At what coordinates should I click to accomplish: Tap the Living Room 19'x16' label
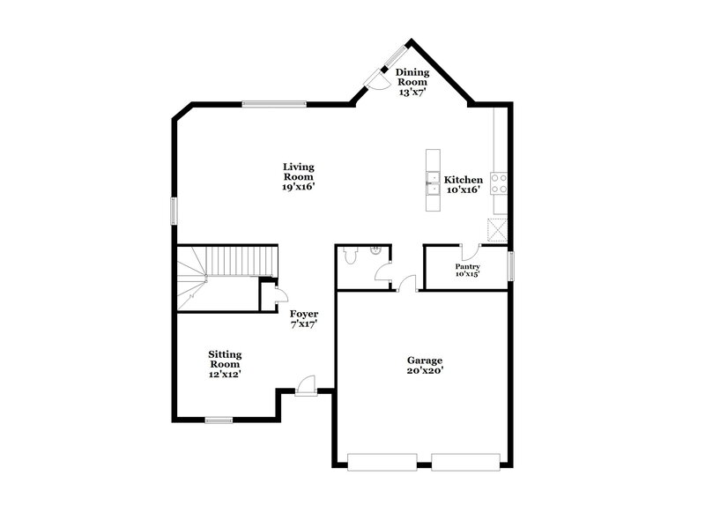point(299,176)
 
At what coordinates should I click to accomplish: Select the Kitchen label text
point(463,184)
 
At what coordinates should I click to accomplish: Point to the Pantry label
point(467,270)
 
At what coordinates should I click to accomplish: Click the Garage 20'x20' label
point(424,365)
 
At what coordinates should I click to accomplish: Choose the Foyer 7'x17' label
point(304,318)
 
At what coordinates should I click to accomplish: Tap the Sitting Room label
point(225,364)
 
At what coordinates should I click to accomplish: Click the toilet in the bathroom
point(351,256)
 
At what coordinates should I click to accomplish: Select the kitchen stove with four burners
point(499,182)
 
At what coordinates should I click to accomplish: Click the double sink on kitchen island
point(433,183)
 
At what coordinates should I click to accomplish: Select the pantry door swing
point(469,251)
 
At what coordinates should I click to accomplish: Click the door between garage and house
point(408,284)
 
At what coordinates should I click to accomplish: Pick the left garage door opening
point(382,460)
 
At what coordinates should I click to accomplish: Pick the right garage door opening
point(465,460)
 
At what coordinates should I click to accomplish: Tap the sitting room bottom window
point(219,420)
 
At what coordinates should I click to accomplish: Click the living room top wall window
point(274,105)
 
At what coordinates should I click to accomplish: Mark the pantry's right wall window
point(511,266)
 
